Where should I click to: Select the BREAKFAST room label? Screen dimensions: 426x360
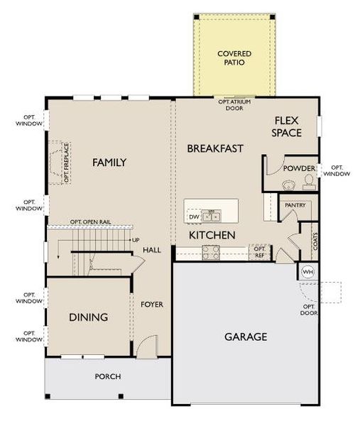coord(215,148)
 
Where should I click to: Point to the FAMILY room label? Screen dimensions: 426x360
coord(109,163)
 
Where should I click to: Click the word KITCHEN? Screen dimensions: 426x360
coord(212,235)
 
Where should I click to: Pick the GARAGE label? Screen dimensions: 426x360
coord(246,336)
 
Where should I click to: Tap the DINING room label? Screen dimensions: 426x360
coord(89,317)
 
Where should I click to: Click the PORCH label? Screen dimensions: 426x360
coord(108,376)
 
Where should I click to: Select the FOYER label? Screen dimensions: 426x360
coord(151,305)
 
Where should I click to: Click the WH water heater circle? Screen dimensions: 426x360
coord(307,272)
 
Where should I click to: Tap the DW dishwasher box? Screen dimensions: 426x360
coord(193,217)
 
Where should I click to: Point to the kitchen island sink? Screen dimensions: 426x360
coord(211,216)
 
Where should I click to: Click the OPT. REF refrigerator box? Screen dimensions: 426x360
coord(260,252)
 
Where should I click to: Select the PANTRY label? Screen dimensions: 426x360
coord(295,205)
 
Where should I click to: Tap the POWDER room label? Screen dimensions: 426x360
coord(299,168)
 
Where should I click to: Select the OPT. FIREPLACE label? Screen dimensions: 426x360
coord(65,163)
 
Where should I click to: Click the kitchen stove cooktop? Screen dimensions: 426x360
coord(211,251)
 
